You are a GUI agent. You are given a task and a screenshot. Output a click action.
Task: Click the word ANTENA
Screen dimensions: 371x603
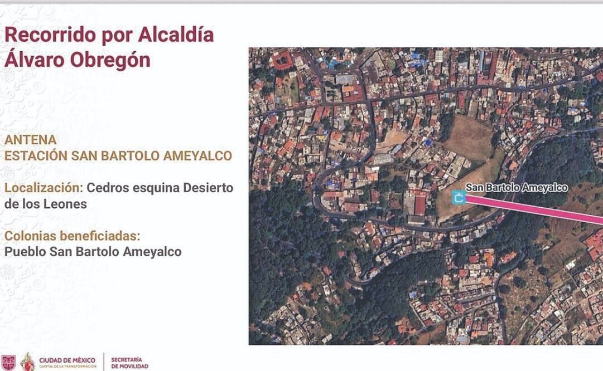coord(31,140)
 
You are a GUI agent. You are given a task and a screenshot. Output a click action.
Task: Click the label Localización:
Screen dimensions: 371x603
coord(43,188)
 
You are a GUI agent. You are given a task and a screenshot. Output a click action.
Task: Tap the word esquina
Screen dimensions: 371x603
coord(156,188)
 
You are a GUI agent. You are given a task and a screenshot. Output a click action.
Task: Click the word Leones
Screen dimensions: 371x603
coord(66,204)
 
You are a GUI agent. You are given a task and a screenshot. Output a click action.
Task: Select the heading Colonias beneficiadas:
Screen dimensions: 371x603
coord(72,236)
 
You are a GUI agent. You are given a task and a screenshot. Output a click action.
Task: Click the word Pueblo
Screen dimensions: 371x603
coord(25,252)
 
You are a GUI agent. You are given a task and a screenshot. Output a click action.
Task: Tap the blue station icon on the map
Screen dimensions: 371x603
coord(459,197)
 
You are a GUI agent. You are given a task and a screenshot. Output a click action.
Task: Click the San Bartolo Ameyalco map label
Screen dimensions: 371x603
coord(517,188)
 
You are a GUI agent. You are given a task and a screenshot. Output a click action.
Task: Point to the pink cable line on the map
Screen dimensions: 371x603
coord(536,208)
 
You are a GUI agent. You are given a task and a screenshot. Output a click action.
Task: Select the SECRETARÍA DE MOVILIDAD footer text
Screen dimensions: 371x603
coord(130,363)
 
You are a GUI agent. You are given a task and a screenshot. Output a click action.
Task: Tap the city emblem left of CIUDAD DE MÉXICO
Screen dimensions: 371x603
coord(27,362)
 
